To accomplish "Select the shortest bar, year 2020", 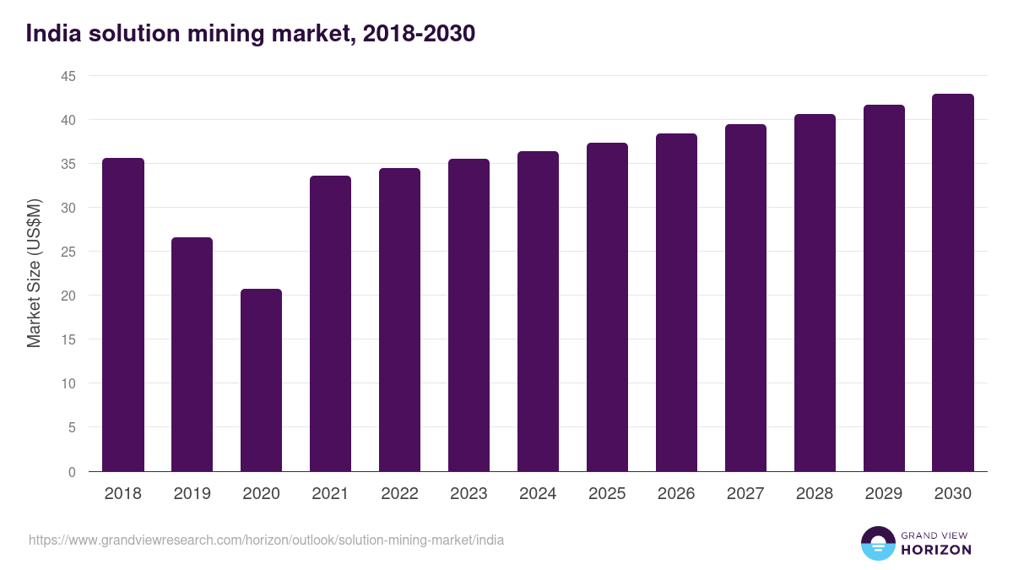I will click(x=261, y=380).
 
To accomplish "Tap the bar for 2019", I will click(x=192, y=355).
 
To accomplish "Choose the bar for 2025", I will click(x=607, y=307).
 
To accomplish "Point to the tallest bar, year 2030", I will click(x=953, y=283).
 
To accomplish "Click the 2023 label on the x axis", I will click(x=469, y=494).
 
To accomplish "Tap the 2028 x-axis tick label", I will click(x=815, y=494).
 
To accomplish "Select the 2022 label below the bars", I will click(x=399, y=494).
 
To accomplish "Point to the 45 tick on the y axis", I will click(x=68, y=76).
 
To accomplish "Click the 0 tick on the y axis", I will click(x=73, y=472).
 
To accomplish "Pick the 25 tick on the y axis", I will click(x=68, y=252).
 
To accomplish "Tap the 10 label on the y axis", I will click(x=68, y=383).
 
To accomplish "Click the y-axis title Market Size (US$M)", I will click(x=34, y=273).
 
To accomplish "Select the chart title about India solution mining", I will click(x=251, y=33).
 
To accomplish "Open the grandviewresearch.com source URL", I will click(x=266, y=540).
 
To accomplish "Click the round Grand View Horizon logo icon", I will click(x=877, y=543).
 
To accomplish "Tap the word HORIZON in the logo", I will click(x=935, y=550).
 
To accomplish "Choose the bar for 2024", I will click(x=538, y=312).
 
